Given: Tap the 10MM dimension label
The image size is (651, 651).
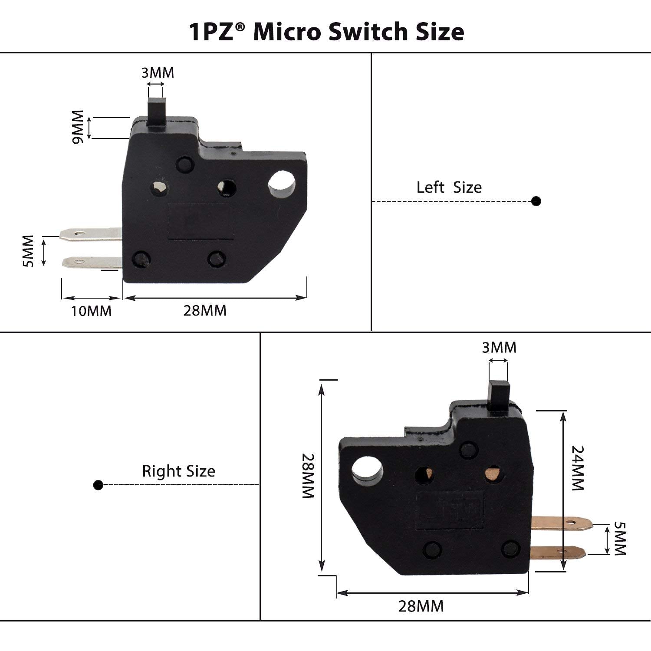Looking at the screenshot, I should [91, 311].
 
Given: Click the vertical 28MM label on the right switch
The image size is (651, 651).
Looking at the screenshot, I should [309, 476].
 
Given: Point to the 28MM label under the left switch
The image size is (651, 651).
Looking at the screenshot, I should [205, 311].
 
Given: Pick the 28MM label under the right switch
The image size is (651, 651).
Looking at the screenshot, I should [421, 606].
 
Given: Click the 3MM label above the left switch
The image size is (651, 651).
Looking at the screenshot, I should [158, 73].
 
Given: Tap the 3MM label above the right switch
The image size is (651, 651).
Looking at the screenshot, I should [499, 348].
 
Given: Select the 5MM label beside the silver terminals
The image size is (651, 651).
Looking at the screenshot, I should [29, 251].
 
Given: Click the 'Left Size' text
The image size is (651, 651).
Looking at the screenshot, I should [449, 187].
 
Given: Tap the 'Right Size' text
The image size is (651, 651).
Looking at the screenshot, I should [178, 471].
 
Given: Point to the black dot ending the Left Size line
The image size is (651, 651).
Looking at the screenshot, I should [536, 201].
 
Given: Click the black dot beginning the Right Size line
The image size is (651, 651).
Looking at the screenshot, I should [98, 485].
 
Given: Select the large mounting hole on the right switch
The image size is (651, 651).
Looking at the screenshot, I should [367, 470].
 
